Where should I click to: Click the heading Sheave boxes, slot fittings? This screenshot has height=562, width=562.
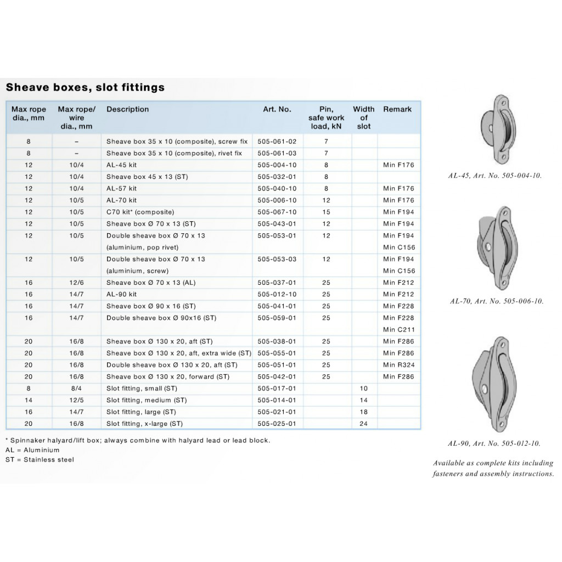pyautogui.click(x=85, y=87)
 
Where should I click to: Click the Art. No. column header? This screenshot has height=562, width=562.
pyautogui.click(x=277, y=109)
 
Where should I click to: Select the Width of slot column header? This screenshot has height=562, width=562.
pyautogui.click(x=363, y=117)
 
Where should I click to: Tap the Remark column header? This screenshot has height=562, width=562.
pyautogui.click(x=397, y=109)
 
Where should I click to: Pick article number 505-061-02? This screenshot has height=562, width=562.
pyautogui.click(x=277, y=142)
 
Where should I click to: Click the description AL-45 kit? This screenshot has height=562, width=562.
pyautogui.click(x=122, y=165)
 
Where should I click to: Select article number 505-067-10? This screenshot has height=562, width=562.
pyautogui.click(x=277, y=212)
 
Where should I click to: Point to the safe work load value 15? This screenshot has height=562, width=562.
pyautogui.click(x=326, y=212)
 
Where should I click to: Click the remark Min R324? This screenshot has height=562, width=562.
pyautogui.click(x=398, y=365)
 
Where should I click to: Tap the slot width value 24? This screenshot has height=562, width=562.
pyautogui.click(x=363, y=424)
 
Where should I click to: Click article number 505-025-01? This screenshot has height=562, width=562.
pyautogui.click(x=277, y=424)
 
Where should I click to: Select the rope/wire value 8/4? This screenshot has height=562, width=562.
pyautogui.click(x=76, y=389)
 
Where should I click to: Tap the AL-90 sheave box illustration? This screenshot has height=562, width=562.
pyautogui.click(x=492, y=384)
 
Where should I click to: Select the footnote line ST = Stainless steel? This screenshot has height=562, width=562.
pyautogui.click(x=40, y=460)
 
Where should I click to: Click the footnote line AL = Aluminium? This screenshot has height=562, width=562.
pyautogui.click(x=32, y=450)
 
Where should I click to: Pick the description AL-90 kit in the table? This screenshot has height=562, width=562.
pyautogui.click(x=122, y=295)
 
